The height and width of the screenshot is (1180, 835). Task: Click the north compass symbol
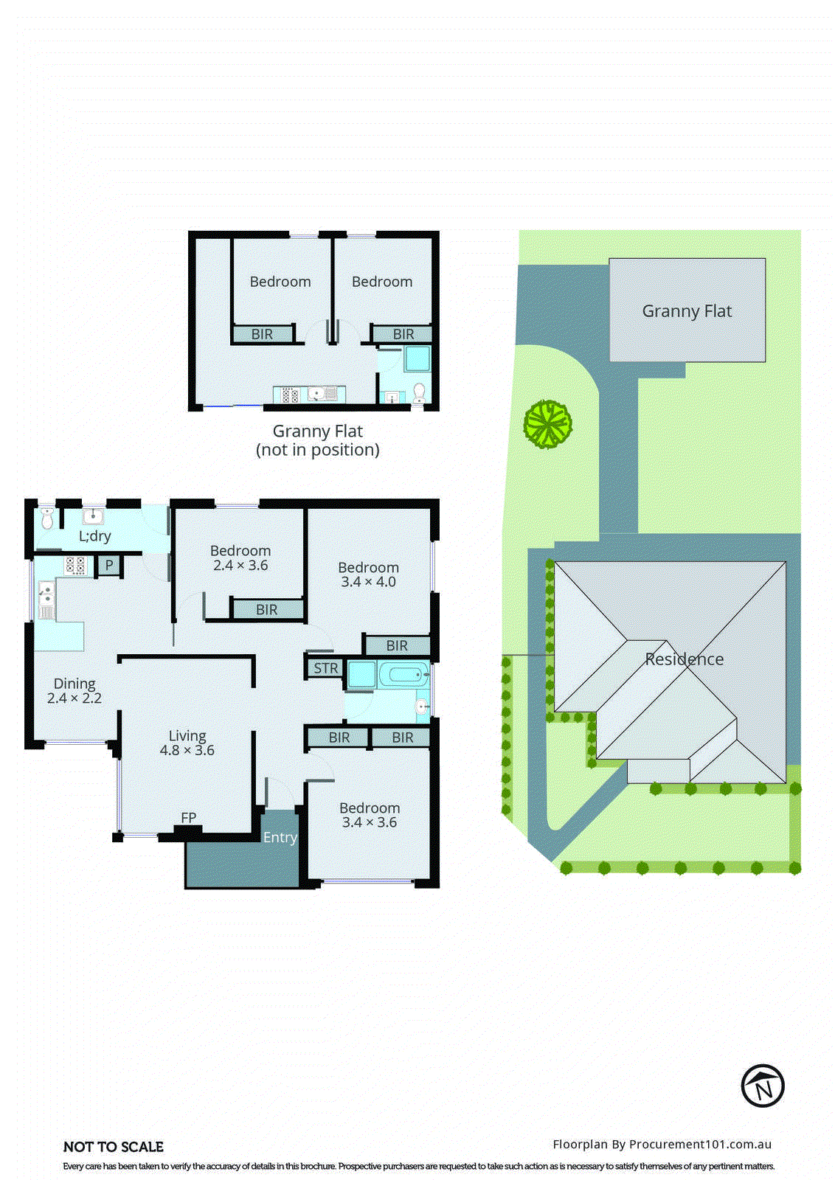click(762, 1086)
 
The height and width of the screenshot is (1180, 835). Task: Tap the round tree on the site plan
click(548, 423)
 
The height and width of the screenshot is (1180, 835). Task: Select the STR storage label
click(326, 668)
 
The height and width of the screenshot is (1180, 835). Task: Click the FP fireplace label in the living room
click(189, 817)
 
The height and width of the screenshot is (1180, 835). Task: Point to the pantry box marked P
click(109, 566)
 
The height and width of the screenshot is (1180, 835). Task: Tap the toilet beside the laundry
click(47, 518)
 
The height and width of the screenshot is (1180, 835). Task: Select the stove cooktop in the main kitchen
click(75, 566)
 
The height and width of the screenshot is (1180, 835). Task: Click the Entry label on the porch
click(280, 837)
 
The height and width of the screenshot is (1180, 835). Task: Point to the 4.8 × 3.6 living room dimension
click(187, 750)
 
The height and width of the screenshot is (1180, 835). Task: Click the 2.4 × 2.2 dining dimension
click(75, 698)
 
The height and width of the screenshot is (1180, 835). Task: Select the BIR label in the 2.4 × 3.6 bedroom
click(267, 609)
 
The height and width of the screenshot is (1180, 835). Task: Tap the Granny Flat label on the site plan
click(687, 311)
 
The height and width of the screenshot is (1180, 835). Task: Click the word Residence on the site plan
click(685, 659)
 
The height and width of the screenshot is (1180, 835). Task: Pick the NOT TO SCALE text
click(114, 1147)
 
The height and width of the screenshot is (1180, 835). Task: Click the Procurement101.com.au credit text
click(662, 1144)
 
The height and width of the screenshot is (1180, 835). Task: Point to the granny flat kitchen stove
click(290, 395)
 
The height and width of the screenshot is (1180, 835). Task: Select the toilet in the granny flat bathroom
click(418, 392)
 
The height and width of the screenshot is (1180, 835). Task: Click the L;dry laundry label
click(95, 536)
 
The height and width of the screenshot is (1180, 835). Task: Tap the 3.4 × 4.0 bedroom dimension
click(368, 581)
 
